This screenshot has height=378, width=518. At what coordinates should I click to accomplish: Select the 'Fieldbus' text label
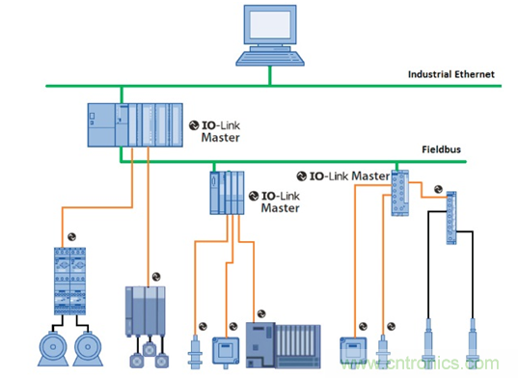tap(442, 149)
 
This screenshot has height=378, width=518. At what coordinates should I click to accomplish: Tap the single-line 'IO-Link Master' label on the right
tap(343, 175)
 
